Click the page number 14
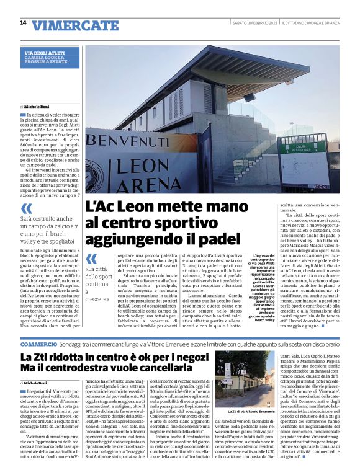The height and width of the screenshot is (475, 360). click(23, 23)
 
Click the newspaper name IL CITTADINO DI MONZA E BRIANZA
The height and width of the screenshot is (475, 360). click(310, 23)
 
